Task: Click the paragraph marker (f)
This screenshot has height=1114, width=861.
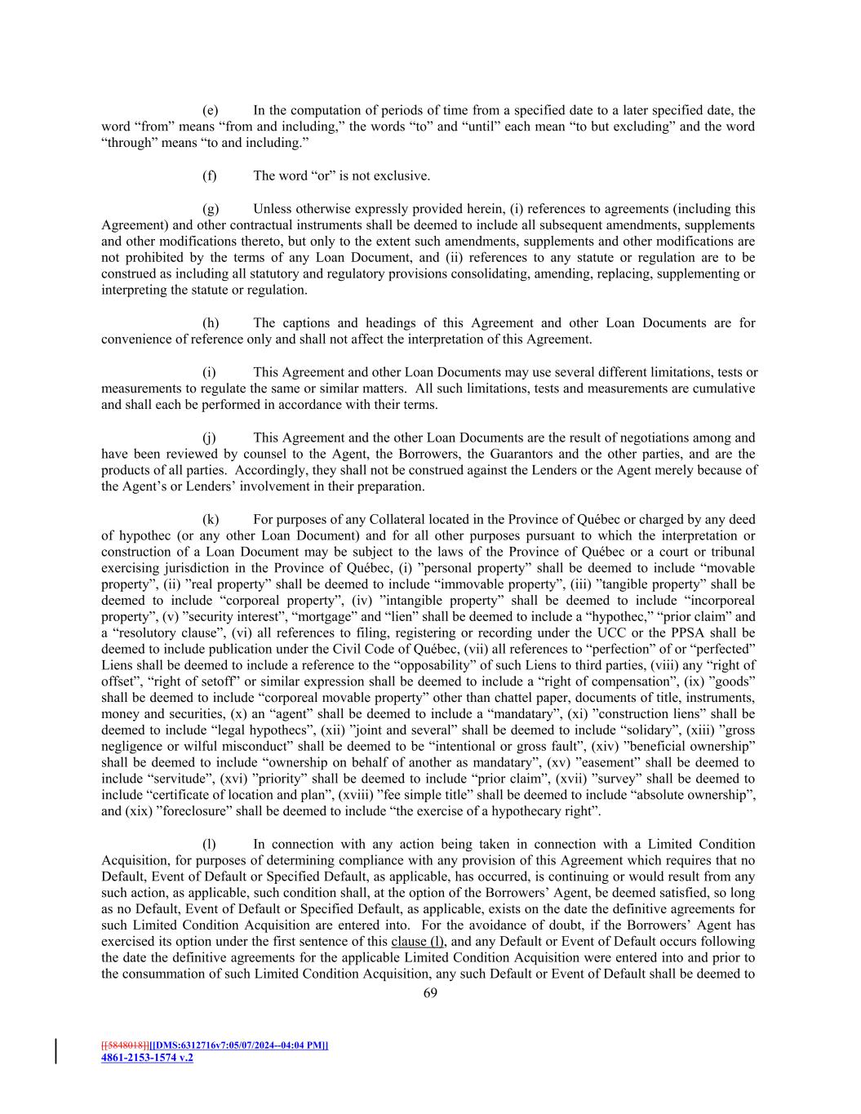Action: pyautogui.click(x=209, y=175)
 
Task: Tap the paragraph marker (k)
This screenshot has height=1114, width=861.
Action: pyautogui.click(x=210, y=519)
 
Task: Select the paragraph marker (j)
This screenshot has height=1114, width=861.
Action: pyautogui.click(x=210, y=437)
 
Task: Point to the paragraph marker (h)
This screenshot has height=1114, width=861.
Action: pyautogui.click(x=210, y=323)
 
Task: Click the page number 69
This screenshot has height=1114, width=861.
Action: pyautogui.click(x=430, y=993)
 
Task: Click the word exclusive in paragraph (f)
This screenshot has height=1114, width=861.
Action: pyautogui.click(x=403, y=175)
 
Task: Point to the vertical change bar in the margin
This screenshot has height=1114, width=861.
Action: pyautogui.click(x=56, y=1051)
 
